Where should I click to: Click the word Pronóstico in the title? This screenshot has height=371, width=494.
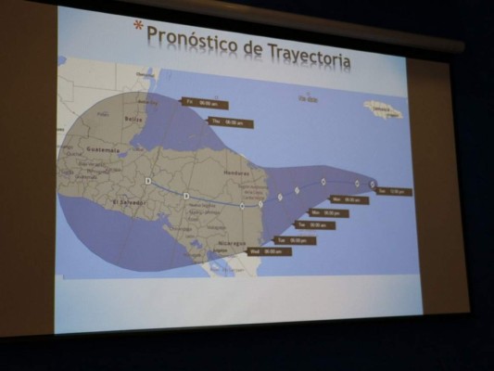(x=190, y=38)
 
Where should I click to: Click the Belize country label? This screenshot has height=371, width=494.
(x=133, y=120)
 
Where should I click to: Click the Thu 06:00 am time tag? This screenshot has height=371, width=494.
(x=230, y=122)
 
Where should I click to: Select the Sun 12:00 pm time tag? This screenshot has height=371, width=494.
(x=395, y=191)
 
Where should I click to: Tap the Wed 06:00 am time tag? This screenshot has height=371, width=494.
(x=269, y=251)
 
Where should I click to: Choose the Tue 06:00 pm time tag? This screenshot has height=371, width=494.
(x=295, y=240)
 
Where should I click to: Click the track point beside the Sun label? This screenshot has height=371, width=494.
(x=373, y=184)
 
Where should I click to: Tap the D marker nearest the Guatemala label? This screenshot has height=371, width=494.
(x=147, y=181)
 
